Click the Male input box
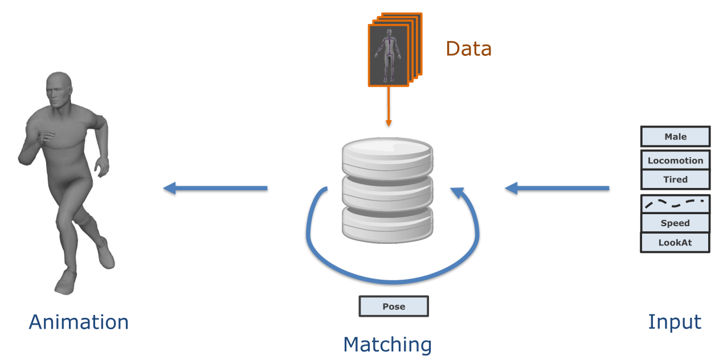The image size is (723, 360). point(675,137)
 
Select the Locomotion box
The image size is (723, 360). point(675,161)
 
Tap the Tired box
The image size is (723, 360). point(675,179)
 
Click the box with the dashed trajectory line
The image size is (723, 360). point(675,203)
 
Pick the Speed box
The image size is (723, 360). point(675,223)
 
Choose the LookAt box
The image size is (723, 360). point(675,243)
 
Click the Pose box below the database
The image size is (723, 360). point(393,306)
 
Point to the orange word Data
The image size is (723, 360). point(468,48)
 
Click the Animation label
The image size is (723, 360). point(79,322)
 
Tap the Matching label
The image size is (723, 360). point(387,345)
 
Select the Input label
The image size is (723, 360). point(675,322)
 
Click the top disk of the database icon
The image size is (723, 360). point(387,153)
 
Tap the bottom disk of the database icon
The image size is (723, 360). point(387,223)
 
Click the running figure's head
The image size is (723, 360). point(58,91)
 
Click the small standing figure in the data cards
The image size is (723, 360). point(388,55)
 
